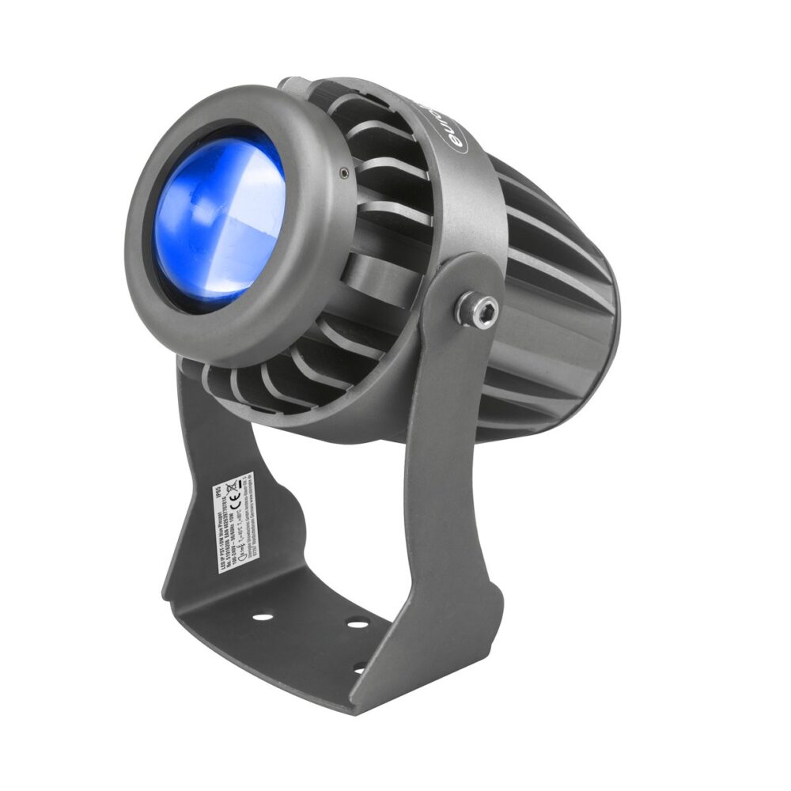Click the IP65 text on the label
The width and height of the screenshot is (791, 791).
coord(219,492)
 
